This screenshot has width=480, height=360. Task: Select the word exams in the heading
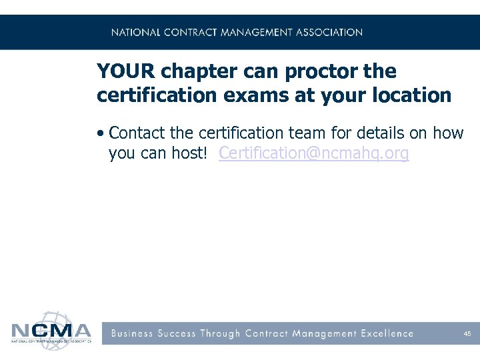coord(255,95)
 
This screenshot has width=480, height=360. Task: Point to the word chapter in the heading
coord(193,72)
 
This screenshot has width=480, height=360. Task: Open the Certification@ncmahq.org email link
coord(313,153)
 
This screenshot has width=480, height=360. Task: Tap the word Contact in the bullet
coord(137,133)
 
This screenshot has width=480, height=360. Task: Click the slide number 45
coord(467,334)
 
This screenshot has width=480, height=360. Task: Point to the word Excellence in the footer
coord(387,333)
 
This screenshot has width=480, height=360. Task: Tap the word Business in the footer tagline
coord(132,333)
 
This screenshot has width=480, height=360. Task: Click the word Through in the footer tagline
coord(219,333)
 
